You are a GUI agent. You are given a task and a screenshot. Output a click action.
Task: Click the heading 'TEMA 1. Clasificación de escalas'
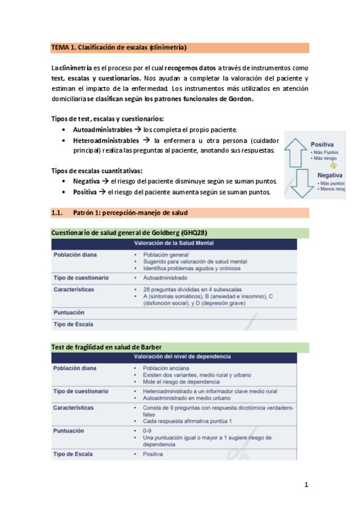click(x=118, y=47)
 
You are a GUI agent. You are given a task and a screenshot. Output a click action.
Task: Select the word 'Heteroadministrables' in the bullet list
click(x=106, y=140)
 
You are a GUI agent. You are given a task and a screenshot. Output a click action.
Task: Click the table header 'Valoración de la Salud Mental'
click(x=174, y=244)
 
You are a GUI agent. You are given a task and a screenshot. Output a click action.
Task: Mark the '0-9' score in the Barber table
click(x=147, y=431)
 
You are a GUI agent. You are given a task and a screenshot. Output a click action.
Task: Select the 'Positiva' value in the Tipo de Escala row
click(x=154, y=454)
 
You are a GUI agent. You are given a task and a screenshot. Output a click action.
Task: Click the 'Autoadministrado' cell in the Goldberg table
click(x=165, y=278)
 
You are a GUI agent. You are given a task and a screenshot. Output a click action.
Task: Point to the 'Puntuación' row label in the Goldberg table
click(x=69, y=313)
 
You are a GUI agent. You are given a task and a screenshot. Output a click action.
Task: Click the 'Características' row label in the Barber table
click(x=73, y=408)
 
